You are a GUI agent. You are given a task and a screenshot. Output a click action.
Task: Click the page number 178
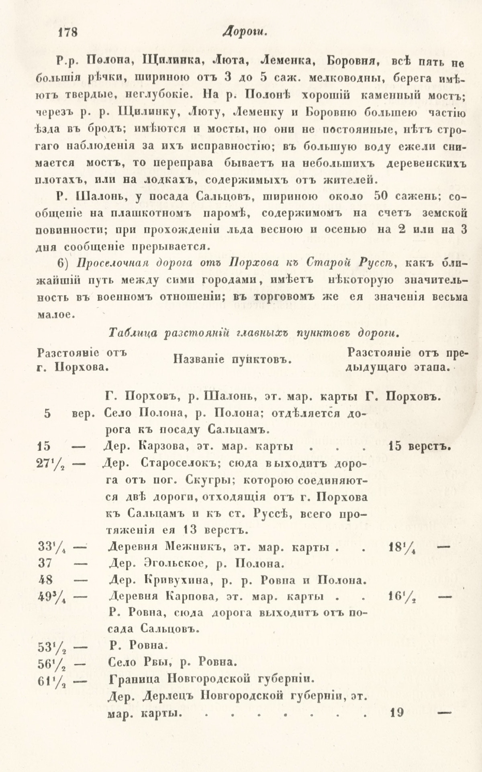pyautogui.click(x=65, y=32)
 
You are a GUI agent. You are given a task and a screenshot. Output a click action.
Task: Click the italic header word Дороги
pyautogui.click(x=244, y=33)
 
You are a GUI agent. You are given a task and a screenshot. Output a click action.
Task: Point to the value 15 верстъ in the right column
pyautogui.click(x=419, y=446)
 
